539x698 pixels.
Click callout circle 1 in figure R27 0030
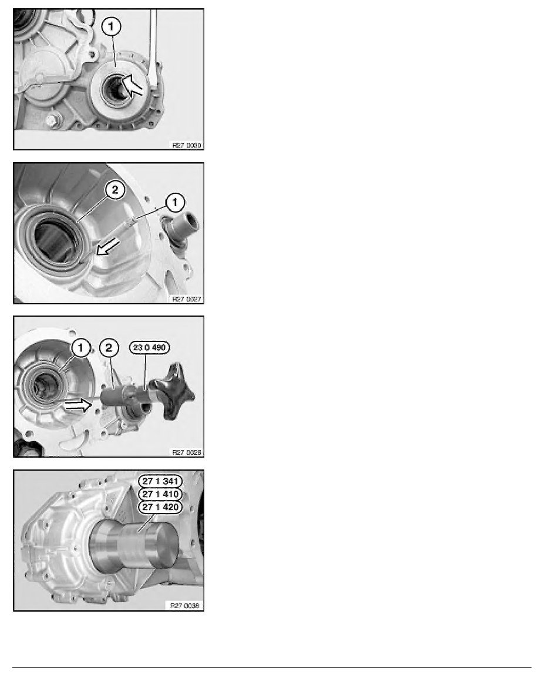coord(111,26)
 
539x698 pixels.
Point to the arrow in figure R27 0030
coord(133,85)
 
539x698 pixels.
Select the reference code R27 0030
coord(186,145)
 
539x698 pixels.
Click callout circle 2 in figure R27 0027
coord(114,190)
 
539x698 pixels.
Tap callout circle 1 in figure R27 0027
coord(175,203)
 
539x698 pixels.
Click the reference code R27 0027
coord(186,299)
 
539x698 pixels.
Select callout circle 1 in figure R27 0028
coord(80,348)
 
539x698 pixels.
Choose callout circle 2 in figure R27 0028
coord(109,348)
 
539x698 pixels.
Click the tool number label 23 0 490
coord(149,347)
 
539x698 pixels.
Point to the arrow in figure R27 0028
coord(78,405)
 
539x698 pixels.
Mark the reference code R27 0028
coord(186,452)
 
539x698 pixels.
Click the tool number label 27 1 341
coord(160,481)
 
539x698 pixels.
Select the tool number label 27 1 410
coord(160,494)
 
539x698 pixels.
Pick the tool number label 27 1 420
coord(160,507)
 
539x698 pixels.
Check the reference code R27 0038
coord(184,605)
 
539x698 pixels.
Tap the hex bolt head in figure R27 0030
coord(52,120)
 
